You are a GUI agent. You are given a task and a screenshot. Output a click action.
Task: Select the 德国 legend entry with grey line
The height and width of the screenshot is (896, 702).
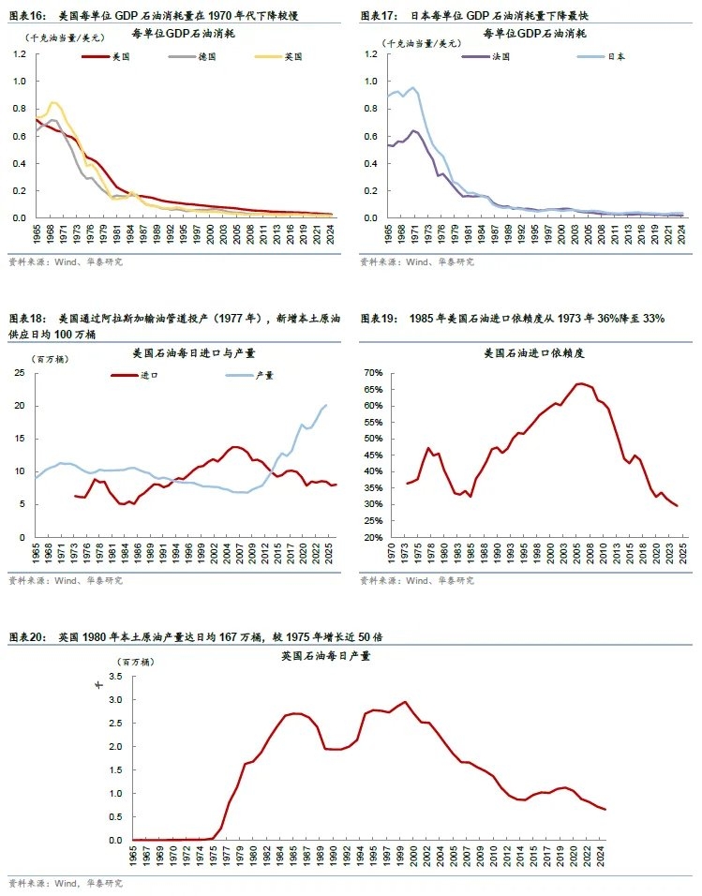pos(207,57)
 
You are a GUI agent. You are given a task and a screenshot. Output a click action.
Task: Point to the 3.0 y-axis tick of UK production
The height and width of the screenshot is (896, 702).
pos(116,700)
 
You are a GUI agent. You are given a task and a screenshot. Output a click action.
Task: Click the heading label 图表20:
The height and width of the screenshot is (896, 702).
pos(27,637)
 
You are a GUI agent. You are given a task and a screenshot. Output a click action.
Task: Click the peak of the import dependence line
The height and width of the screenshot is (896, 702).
pos(581,383)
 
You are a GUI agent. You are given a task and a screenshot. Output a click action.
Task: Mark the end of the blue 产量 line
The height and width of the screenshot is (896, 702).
pos(325,405)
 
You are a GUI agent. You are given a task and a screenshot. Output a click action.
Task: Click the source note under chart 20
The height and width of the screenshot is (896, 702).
pos(65,883)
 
